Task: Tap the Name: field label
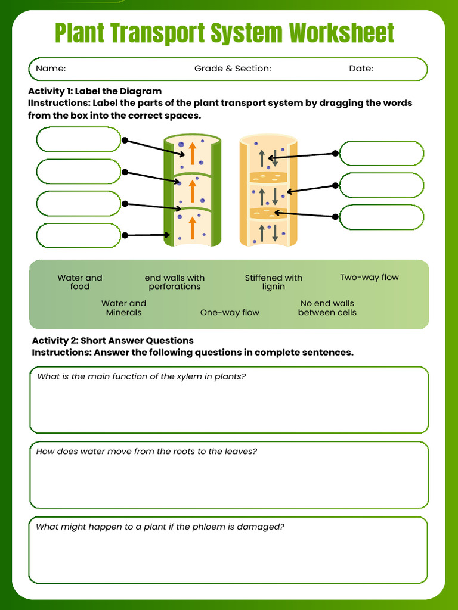click(x=51, y=69)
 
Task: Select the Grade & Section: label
click(x=233, y=69)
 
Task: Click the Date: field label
click(x=361, y=69)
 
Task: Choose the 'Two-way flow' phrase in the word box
click(x=369, y=278)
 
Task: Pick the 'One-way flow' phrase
click(x=230, y=313)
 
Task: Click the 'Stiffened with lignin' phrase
click(x=273, y=282)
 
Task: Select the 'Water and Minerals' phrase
click(x=123, y=308)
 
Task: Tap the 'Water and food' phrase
click(x=79, y=282)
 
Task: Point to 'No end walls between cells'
click(x=327, y=308)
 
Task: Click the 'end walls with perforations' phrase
click(x=174, y=282)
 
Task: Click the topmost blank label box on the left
click(x=78, y=140)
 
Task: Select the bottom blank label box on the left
click(x=78, y=235)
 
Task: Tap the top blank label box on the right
click(x=381, y=153)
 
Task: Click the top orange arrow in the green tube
click(x=192, y=153)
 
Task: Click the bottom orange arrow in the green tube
click(x=192, y=228)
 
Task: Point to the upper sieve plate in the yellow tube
click(x=268, y=177)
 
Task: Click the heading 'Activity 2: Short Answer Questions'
click(x=113, y=341)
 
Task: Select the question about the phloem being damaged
click(x=160, y=527)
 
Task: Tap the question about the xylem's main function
click(x=141, y=377)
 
